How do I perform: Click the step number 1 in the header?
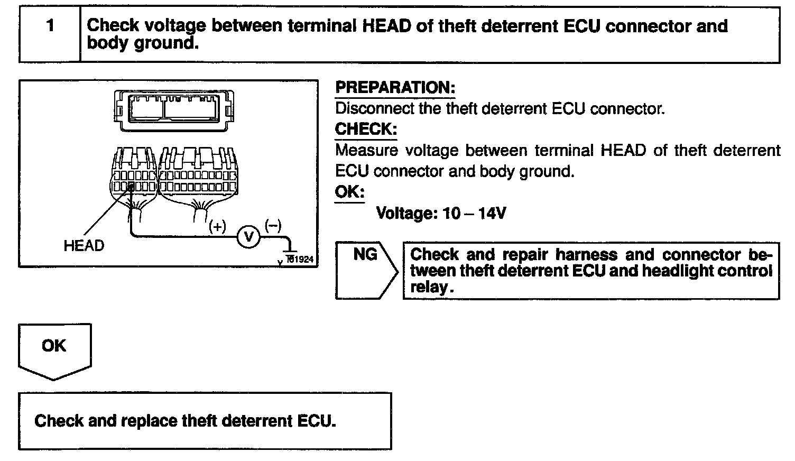click(x=50, y=26)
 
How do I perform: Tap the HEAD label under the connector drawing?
click(x=84, y=246)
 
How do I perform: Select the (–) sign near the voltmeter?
click(x=273, y=226)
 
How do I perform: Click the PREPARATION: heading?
click(x=395, y=88)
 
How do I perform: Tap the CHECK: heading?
click(x=366, y=130)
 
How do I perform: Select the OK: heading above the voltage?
click(x=349, y=191)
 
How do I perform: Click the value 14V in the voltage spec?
click(x=492, y=214)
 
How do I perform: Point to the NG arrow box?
click(x=366, y=270)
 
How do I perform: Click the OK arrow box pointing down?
click(x=54, y=349)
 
